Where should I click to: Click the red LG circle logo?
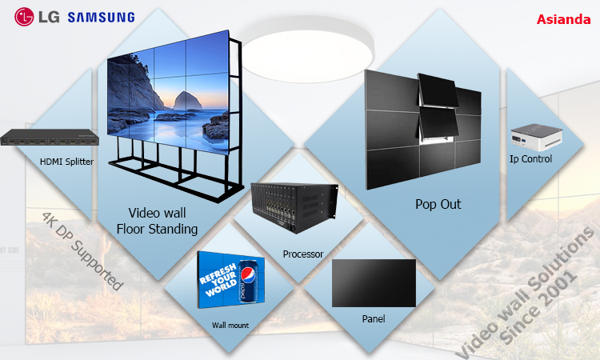(x=24, y=17)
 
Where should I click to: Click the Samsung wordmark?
(x=102, y=18)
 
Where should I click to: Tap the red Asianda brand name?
(x=563, y=19)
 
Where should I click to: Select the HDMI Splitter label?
(x=66, y=162)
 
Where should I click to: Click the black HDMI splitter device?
(x=50, y=138)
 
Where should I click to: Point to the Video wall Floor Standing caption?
(x=158, y=221)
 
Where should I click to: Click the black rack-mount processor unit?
(x=294, y=207)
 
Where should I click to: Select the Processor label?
(x=303, y=254)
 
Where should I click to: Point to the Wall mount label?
(x=230, y=325)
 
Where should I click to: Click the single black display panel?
(x=374, y=283)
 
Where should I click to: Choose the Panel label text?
(x=374, y=318)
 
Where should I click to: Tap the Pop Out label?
(x=438, y=204)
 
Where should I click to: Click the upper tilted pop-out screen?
(x=438, y=90)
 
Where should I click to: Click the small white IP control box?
(x=537, y=137)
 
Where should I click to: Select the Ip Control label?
(x=530, y=158)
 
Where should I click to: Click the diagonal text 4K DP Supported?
(x=82, y=251)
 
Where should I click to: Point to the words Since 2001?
(x=538, y=306)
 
